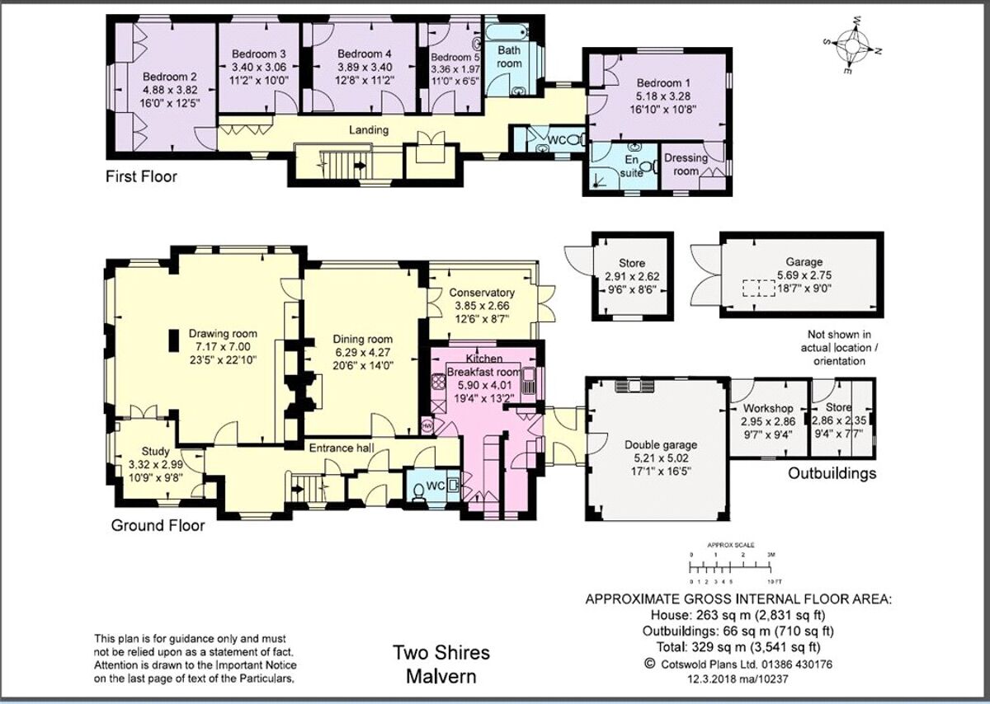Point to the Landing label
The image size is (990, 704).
click(368, 130)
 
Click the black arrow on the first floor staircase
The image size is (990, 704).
click(361, 165)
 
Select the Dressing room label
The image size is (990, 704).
click(686, 164)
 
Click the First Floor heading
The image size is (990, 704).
click(141, 176)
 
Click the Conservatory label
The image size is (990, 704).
click(482, 293)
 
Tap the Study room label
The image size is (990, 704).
click(155, 451)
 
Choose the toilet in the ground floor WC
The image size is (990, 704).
click(420, 490)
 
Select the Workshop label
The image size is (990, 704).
click(767, 408)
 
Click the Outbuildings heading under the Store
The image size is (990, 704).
click(832, 473)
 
